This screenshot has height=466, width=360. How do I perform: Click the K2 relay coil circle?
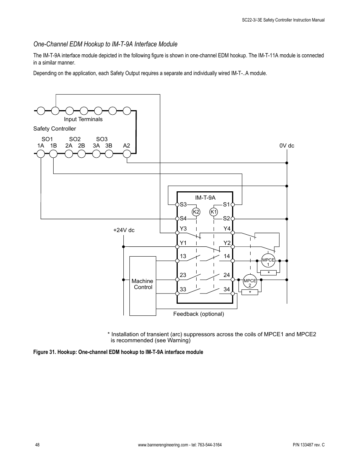click(x=196, y=212)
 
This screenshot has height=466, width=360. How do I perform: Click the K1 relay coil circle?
click(x=214, y=212)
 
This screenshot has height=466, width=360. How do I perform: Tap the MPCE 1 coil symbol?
click(x=268, y=261)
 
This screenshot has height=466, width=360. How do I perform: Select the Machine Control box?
click(x=143, y=285)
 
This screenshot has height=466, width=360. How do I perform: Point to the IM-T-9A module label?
click(x=205, y=198)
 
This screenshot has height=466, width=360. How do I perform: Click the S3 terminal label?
click(x=183, y=205)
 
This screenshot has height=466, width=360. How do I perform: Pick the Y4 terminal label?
click(x=227, y=229)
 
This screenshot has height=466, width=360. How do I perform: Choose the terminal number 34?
click(x=226, y=289)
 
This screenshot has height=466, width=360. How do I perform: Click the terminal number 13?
click(x=183, y=256)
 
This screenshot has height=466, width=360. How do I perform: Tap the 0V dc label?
click(x=287, y=146)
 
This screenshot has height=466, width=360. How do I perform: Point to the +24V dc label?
click(x=124, y=230)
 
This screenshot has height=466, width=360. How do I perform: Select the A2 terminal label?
click(x=126, y=146)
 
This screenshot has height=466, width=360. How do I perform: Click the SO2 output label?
click(x=75, y=139)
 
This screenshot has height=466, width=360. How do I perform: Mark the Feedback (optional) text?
click(x=198, y=314)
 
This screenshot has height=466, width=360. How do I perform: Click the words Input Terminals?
click(x=83, y=119)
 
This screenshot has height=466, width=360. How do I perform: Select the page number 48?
click(x=37, y=445)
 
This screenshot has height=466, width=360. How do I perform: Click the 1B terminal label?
click(x=54, y=146)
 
